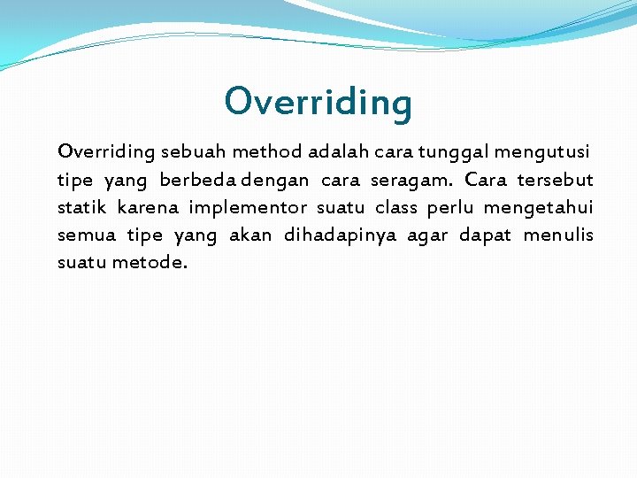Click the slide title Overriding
(x=318, y=102)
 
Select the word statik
(x=82, y=207)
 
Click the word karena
(x=148, y=207)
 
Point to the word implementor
(x=248, y=208)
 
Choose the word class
(x=395, y=207)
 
